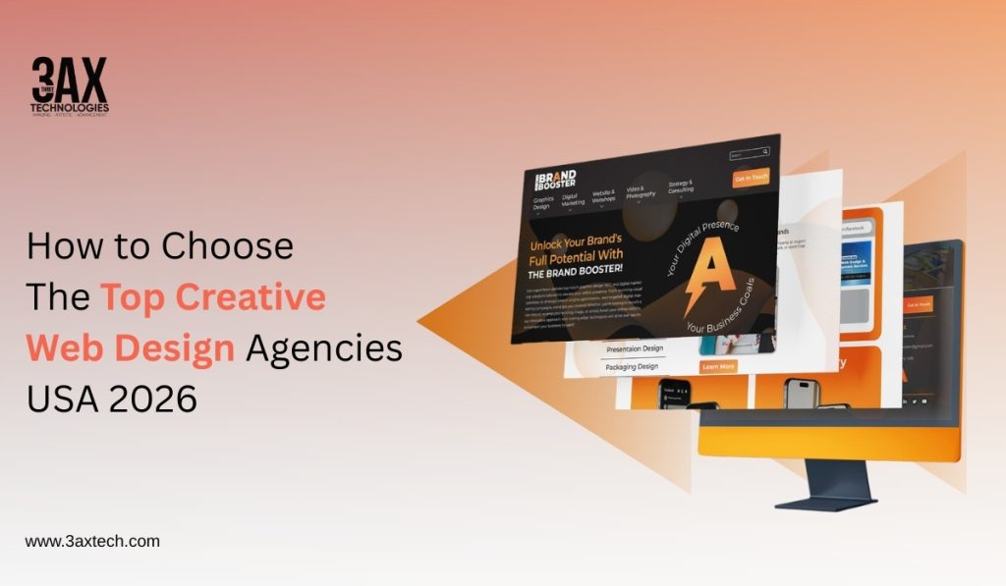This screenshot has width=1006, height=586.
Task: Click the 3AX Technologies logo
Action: coord(70,86)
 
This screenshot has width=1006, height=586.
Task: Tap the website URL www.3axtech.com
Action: coord(92,541)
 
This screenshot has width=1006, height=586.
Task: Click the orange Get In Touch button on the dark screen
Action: coord(751,178)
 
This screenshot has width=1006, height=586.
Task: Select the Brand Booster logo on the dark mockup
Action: coord(555,181)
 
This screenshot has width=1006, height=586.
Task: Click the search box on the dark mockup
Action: coord(749,154)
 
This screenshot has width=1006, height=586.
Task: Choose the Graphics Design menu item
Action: coord(542,202)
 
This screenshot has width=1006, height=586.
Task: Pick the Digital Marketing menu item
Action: coord(572,199)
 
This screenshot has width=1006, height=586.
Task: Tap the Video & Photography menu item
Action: coord(641,193)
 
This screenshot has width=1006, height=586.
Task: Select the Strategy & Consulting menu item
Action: coord(681,187)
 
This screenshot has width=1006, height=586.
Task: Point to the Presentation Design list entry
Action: coord(633,347)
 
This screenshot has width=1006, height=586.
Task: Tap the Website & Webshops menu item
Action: coord(603,196)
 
